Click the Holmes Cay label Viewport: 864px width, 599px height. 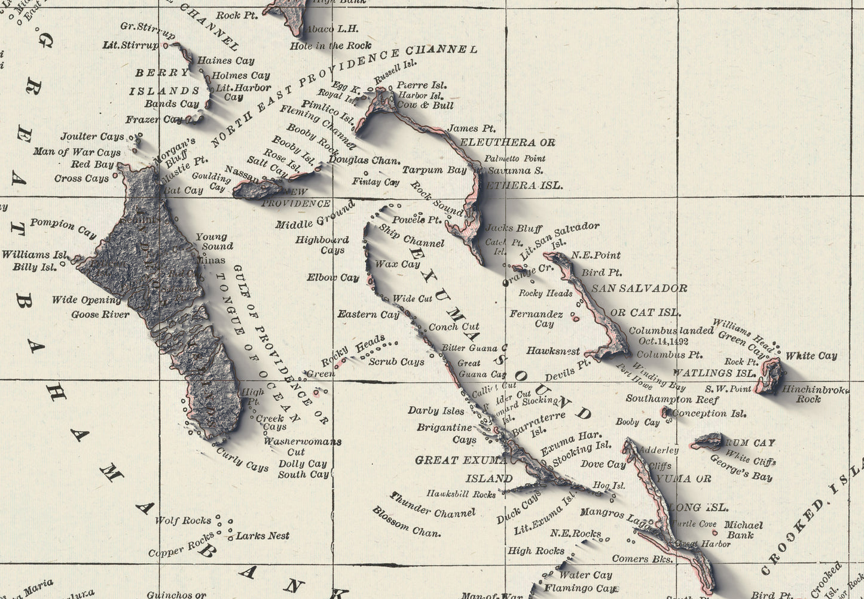(x=240, y=75)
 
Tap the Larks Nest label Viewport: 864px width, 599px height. (x=262, y=536)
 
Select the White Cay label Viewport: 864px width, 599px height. (x=811, y=355)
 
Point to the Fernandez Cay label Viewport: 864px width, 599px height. (x=536, y=318)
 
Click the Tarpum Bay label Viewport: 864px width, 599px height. (x=434, y=170)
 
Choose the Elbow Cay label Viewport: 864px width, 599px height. (x=332, y=277)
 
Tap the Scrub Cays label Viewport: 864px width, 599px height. (x=396, y=361)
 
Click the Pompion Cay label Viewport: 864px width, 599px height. (x=63, y=227)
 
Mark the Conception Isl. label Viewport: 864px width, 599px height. (x=709, y=413)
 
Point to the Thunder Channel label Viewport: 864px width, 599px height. (x=432, y=505)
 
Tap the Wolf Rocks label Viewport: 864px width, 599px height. (x=183, y=521)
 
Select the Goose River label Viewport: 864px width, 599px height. (x=100, y=314)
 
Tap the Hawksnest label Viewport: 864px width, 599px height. (x=553, y=351)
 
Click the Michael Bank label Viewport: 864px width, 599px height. (x=743, y=530)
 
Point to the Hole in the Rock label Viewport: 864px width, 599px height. (x=330, y=45)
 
